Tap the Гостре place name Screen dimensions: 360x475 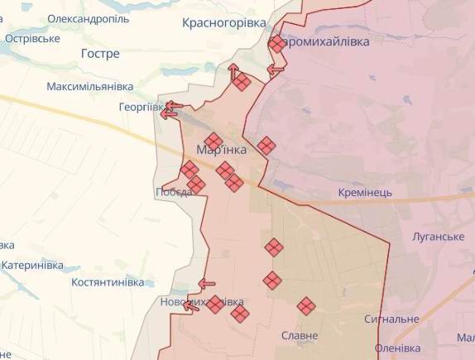(x=100, y=54)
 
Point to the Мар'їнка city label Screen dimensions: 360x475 (x=222, y=150)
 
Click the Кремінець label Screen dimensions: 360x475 (x=365, y=193)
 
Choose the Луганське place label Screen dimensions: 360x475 (x=438, y=237)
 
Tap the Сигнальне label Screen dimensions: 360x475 (x=391, y=319)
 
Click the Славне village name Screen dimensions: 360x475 (x=300, y=336)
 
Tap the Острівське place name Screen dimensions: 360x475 (x=31, y=38)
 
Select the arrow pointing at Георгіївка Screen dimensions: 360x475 (x=171, y=106)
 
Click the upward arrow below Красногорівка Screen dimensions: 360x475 (x=233, y=70)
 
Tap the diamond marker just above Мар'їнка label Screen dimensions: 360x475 (x=214, y=141)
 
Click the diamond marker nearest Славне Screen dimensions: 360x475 (x=306, y=306)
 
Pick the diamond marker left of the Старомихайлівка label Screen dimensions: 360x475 (x=276, y=44)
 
